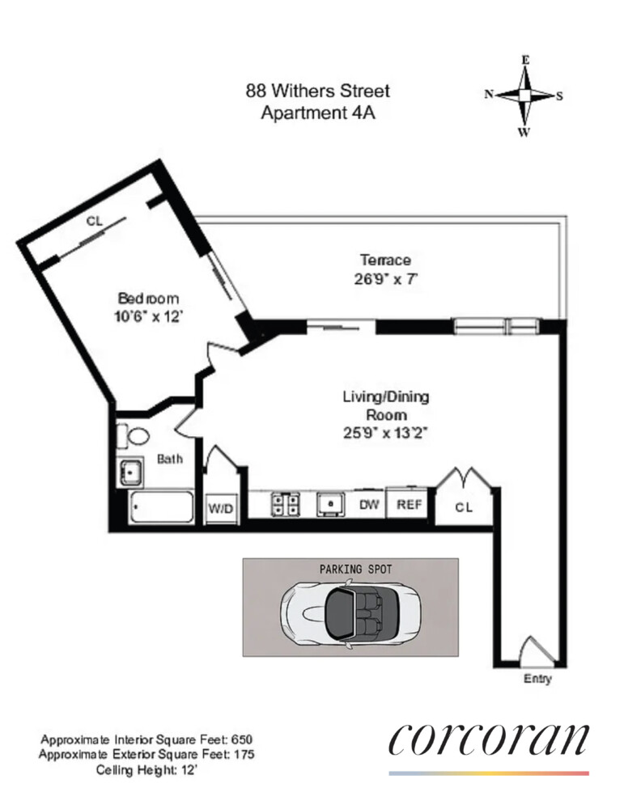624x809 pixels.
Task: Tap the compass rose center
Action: (x=524, y=95)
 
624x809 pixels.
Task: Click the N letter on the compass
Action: (x=489, y=95)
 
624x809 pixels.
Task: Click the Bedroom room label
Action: (x=148, y=298)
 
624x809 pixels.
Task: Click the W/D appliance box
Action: (x=221, y=509)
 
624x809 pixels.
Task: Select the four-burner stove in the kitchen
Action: (x=284, y=503)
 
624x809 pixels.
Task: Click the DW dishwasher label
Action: (x=369, y=504)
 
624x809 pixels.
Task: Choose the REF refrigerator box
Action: (x=406, y=504)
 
